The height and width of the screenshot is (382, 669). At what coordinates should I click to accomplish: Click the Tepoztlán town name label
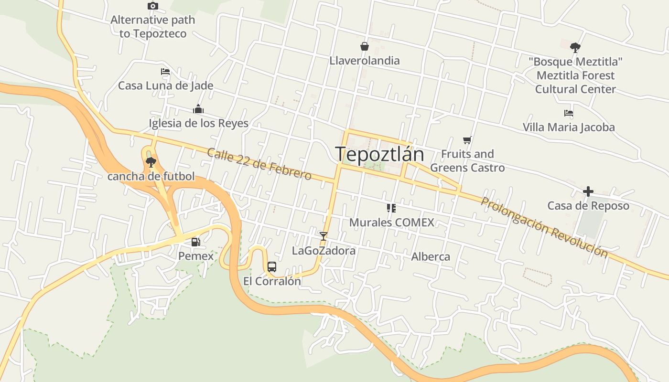point(379,154)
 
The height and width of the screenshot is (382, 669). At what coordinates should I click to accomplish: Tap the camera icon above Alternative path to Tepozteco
point(153,6)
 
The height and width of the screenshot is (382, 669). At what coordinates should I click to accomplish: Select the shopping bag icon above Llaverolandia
point(365,46)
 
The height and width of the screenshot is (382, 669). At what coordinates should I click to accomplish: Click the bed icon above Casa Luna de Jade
point(165,72)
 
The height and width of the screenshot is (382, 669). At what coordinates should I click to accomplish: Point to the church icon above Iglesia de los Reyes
point(198,109)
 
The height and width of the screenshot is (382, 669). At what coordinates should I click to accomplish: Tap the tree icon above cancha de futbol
point(151,162)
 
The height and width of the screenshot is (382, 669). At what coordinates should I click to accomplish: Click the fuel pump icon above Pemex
point(195,242)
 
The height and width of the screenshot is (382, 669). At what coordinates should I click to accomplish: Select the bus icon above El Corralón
point(272,267)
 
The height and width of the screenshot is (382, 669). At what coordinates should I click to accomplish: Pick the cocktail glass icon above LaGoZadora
point(324,236)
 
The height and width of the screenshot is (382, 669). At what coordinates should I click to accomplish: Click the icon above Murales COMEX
point(391,208)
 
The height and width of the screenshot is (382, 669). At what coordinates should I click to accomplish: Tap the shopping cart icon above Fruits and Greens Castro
point(467,140)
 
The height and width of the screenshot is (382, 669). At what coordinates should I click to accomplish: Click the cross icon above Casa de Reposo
point(588,191)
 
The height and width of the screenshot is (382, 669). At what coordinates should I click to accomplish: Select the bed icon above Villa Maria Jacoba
point(569,113)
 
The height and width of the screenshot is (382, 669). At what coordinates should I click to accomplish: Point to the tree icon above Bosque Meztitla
point(575,47)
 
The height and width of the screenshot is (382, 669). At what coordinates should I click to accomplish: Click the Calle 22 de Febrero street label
point(259,164)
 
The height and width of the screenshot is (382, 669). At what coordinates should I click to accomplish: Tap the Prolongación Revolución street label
point(544,227)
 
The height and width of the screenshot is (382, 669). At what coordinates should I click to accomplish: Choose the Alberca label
point(431,257)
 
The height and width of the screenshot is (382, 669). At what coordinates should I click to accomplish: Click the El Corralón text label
point(272,281)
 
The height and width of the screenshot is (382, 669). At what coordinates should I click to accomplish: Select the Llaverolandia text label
point(365,61)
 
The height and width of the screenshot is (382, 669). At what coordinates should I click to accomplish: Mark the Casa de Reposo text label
point(588,206)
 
